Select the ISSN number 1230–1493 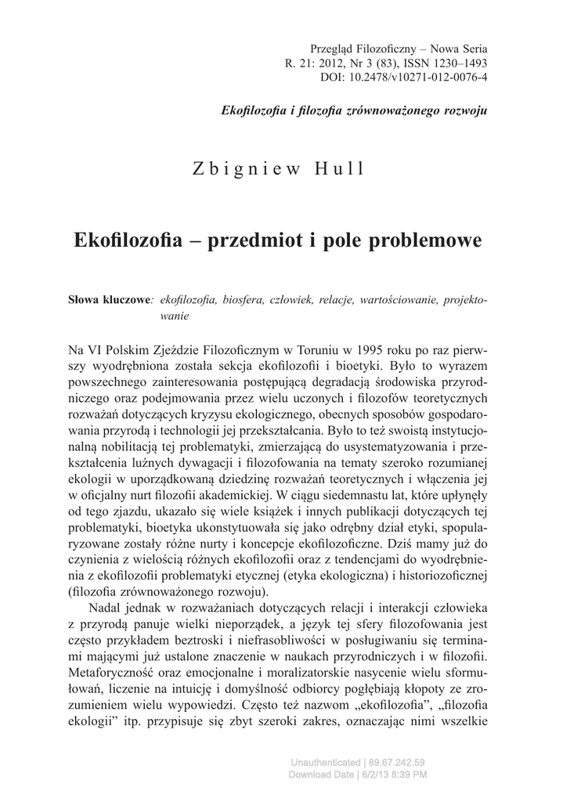point(458,63)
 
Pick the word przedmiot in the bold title point(256,239)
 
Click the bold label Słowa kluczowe point(110,301)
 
